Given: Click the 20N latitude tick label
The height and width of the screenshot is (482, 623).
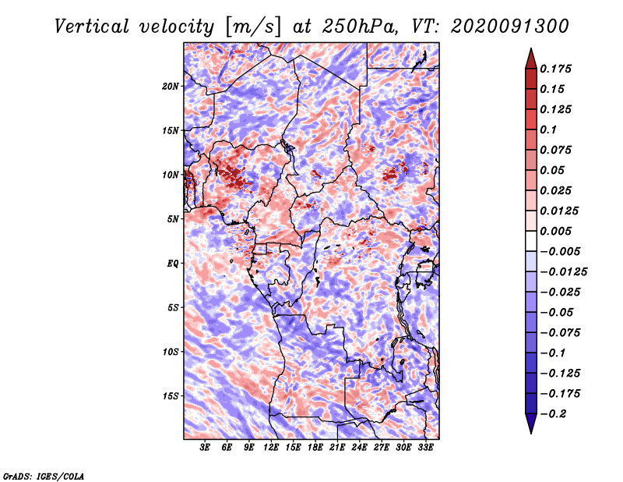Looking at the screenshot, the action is [x=170, y=87].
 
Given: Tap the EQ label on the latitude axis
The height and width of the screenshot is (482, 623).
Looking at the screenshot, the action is [x=173, y=264].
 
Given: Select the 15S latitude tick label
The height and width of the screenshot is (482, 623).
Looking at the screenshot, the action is [x=170, y=396].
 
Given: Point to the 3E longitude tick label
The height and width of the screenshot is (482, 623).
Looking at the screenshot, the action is [x=205, y=448].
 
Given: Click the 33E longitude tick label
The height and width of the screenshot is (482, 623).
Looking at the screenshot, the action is [x=425, y=448].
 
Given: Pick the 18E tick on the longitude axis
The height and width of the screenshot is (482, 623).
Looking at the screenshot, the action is [x=315, y=448].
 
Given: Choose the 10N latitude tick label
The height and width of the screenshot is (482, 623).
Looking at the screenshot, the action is [x=170, y=175].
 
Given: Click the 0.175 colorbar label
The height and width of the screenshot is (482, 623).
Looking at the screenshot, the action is [x=555, y=69].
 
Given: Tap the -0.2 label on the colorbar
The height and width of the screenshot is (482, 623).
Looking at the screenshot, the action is [x=553, y=414].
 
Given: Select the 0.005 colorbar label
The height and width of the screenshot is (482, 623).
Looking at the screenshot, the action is [x=555, y=231].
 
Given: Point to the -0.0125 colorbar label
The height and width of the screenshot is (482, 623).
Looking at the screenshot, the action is [x=563, y=272].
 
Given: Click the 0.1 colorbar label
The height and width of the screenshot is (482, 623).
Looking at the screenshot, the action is [x=548, y=129].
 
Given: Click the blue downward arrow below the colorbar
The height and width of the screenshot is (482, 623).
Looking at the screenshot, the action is [x=531, y=422].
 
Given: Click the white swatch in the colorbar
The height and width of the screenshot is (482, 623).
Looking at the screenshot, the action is [x=531, y=241].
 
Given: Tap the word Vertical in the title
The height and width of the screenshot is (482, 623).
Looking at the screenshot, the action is [x=92, y=27].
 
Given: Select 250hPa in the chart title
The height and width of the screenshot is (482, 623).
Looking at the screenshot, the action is [x=359, y=27].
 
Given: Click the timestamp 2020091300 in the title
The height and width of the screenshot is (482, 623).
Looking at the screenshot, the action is [x=510, y=27].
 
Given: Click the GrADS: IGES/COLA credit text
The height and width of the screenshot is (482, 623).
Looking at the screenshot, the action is [x=44, y=477].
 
